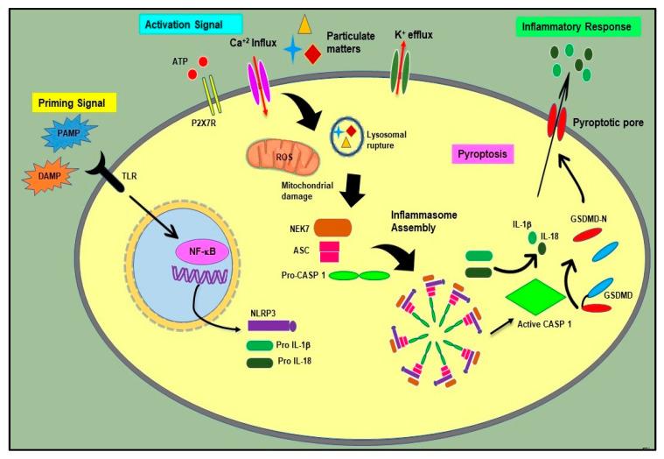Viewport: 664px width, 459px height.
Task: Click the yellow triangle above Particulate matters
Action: point(305,24)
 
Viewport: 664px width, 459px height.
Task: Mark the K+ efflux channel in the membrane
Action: point(403,70)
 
